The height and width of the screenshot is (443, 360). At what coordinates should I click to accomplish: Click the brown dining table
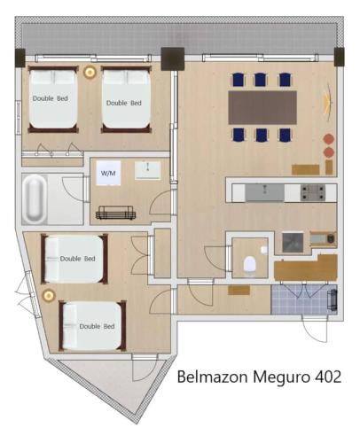tap(262, 107)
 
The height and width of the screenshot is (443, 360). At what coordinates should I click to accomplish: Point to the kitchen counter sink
tap(264, 192)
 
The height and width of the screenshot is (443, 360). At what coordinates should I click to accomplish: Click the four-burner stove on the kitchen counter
tap(313, 190)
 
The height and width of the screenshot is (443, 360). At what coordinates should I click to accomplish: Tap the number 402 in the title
tap(323, 377)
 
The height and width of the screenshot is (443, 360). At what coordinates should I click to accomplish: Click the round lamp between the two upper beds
tap(90, 72)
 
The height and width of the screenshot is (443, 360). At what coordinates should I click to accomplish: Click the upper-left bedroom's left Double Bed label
tap(51, 98)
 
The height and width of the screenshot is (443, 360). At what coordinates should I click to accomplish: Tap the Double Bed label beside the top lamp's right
tap(123, 103)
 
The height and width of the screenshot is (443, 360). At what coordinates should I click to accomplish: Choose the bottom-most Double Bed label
tap(97, 326)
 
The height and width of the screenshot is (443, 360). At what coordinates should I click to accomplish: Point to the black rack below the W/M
tap(115, 212)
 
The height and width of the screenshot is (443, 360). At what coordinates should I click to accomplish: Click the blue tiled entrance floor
tap(304, 299)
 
